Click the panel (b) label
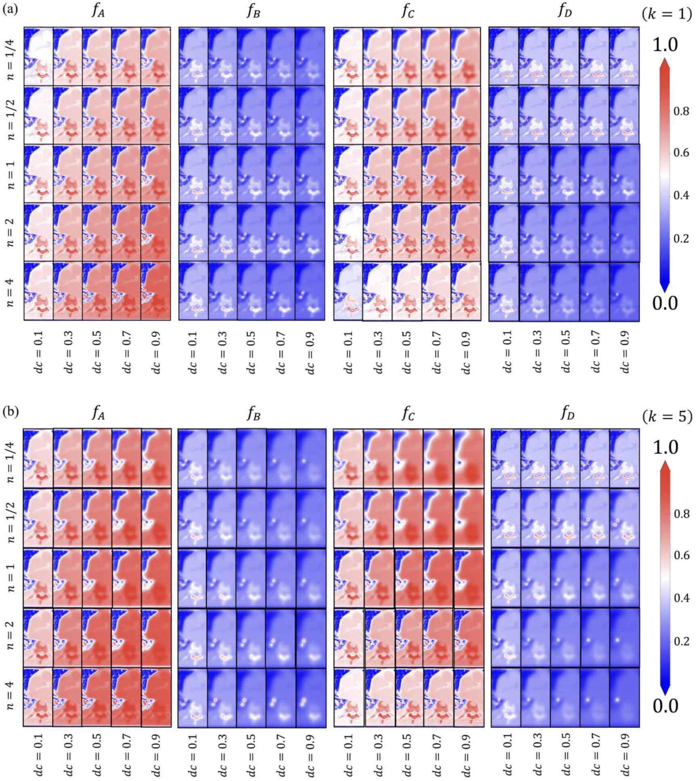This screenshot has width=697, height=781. pos(11,413)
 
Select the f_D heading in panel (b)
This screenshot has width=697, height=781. pos(566,414)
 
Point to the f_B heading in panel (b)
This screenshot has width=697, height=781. pos(253,414)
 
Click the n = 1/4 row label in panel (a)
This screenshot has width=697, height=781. pos(11,57)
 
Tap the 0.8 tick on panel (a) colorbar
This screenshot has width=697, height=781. pos(681,111)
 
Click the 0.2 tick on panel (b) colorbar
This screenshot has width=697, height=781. pos(681,641)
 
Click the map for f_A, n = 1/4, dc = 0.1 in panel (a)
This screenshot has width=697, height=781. pos(38,56)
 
